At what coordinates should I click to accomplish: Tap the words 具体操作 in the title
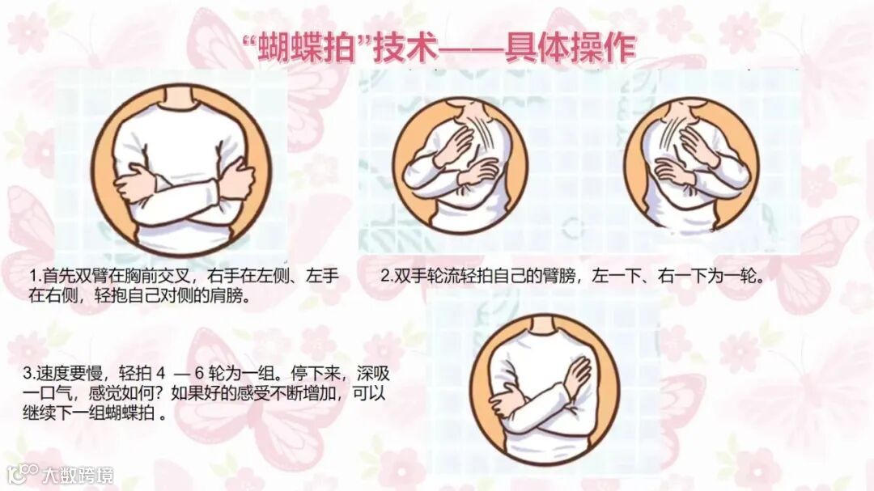571,49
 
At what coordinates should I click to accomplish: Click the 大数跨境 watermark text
78,475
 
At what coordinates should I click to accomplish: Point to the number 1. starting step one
36,276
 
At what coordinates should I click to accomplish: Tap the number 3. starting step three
30,374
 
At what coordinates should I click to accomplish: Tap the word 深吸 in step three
373,374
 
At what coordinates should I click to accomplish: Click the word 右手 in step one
224,276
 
